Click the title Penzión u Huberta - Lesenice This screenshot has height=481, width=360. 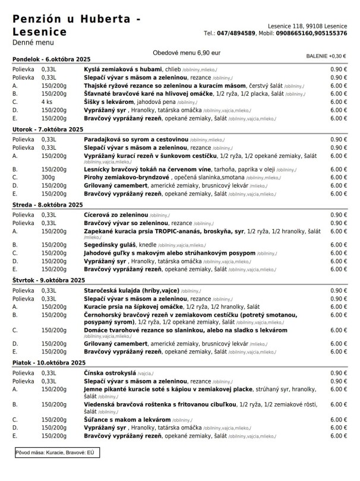[x=76, y=26]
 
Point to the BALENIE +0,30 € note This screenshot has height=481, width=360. [x=326, y=56]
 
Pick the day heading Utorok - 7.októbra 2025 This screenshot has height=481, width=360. [x=48, y=129]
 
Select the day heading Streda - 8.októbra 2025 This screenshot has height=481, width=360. [x=48, y=204]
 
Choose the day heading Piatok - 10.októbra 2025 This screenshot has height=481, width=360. [x=49, y=362]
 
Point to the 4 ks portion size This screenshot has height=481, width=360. [x=47, y=102]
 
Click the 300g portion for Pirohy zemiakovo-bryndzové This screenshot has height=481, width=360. [x=48, y=177]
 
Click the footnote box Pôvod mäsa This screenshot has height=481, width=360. [x=56, y=452]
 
